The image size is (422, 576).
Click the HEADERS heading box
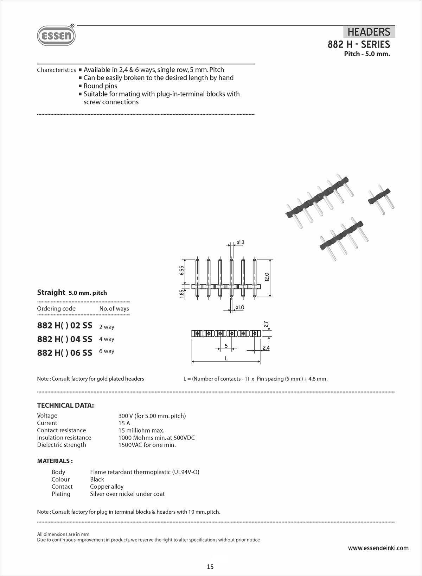pyautogui.click(x=369, y=32)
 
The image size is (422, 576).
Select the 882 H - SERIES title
pyautogui.click(x=359, y=44)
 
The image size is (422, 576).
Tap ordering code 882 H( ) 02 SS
pyautogui.click(x=65, y=326)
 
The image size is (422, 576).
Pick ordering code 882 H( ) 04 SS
pyautogui.click(x=65, y=339)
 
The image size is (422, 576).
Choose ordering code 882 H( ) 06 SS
pyautogui.click(x=65, y=352)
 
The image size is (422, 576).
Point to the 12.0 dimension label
pyautogui.click(x=267, y=277)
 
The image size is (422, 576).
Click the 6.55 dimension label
pyautogui.click(x=181, y=270)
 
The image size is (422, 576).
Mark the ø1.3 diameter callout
pyautogui.click(x=240, y=243)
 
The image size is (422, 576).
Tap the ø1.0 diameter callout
pyautogui.click(x=240, y=307)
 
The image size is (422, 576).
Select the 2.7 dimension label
pyautogui.click(x=266, y=324)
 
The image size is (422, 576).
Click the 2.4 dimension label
pyautogui.click(x=266, y=348)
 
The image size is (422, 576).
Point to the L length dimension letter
pyautogui.click(x=226, y=358)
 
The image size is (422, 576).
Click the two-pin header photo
pyautogui.click(x=381, y=199)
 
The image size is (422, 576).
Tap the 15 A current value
pyautogui.click(x=124, y=423)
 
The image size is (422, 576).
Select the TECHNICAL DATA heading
pyautogui.click(x=65, y=405)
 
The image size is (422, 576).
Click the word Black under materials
pyautogui.click(x=97, y=479)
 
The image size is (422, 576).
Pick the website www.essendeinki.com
pyautogui.click(x=378, y=548)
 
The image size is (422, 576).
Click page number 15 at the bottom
pyautogui.click(x=210, y=567)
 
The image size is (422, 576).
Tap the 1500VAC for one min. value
pyautogui.click(x=147, y=445)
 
